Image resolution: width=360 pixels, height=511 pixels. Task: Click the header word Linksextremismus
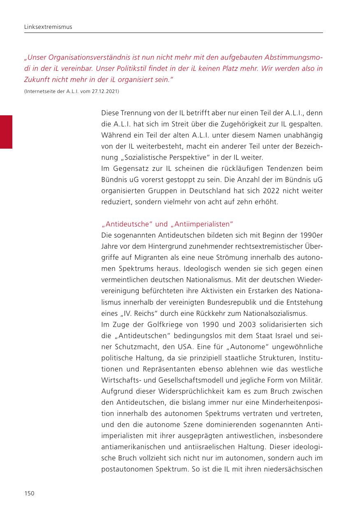tap(48, 27)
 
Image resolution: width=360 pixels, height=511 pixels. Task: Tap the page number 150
tap(29, 493)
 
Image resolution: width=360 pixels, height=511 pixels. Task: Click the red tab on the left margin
tap(6, 132)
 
